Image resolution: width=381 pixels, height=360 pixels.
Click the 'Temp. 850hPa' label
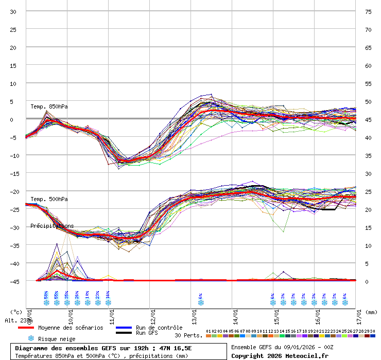tap(49, 106)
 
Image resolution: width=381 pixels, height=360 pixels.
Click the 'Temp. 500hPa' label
tap(49, 199)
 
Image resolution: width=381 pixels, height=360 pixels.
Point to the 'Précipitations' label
tap(52, 226)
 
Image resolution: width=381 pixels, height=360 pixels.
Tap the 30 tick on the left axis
tap(13, 11)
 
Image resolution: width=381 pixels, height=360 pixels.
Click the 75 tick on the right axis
tap(368, 11)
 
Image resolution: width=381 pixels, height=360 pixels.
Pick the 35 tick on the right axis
tap(368, 155)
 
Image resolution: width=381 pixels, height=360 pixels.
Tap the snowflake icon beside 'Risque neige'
tap(31, 338)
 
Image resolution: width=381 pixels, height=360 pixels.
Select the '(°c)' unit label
tap(16, 312)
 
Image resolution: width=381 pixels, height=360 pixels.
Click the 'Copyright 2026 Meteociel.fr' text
tap(280, 355)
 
